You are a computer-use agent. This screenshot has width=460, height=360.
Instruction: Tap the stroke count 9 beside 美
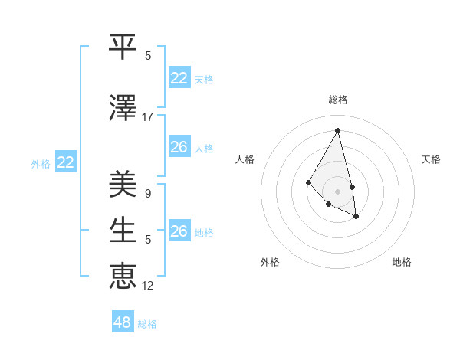coord(148,194)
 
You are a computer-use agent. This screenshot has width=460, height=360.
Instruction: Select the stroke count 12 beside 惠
coord(148,286)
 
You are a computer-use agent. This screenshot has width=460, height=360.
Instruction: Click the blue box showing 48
coord(123,322)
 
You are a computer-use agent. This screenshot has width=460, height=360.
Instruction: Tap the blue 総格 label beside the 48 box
coord(147,324)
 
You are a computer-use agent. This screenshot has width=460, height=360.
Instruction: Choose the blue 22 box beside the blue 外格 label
coord(66,162)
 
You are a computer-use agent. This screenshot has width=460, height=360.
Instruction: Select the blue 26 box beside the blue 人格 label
coord(179,147)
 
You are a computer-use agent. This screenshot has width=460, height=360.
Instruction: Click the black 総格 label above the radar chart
coord(338,100)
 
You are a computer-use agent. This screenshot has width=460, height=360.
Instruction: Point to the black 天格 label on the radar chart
coord(431,159)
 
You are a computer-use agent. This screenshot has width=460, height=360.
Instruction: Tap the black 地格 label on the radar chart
coord(402,262)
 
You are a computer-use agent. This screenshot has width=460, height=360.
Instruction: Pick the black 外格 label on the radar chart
coord(270,262)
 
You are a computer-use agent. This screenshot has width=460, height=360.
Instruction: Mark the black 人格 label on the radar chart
coord(245,159)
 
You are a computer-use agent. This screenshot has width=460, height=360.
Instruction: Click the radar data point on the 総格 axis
coord(337,130)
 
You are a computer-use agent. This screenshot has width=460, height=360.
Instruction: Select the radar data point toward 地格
coord(356,217)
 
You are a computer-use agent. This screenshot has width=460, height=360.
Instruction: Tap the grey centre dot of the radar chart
coord(337,191)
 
